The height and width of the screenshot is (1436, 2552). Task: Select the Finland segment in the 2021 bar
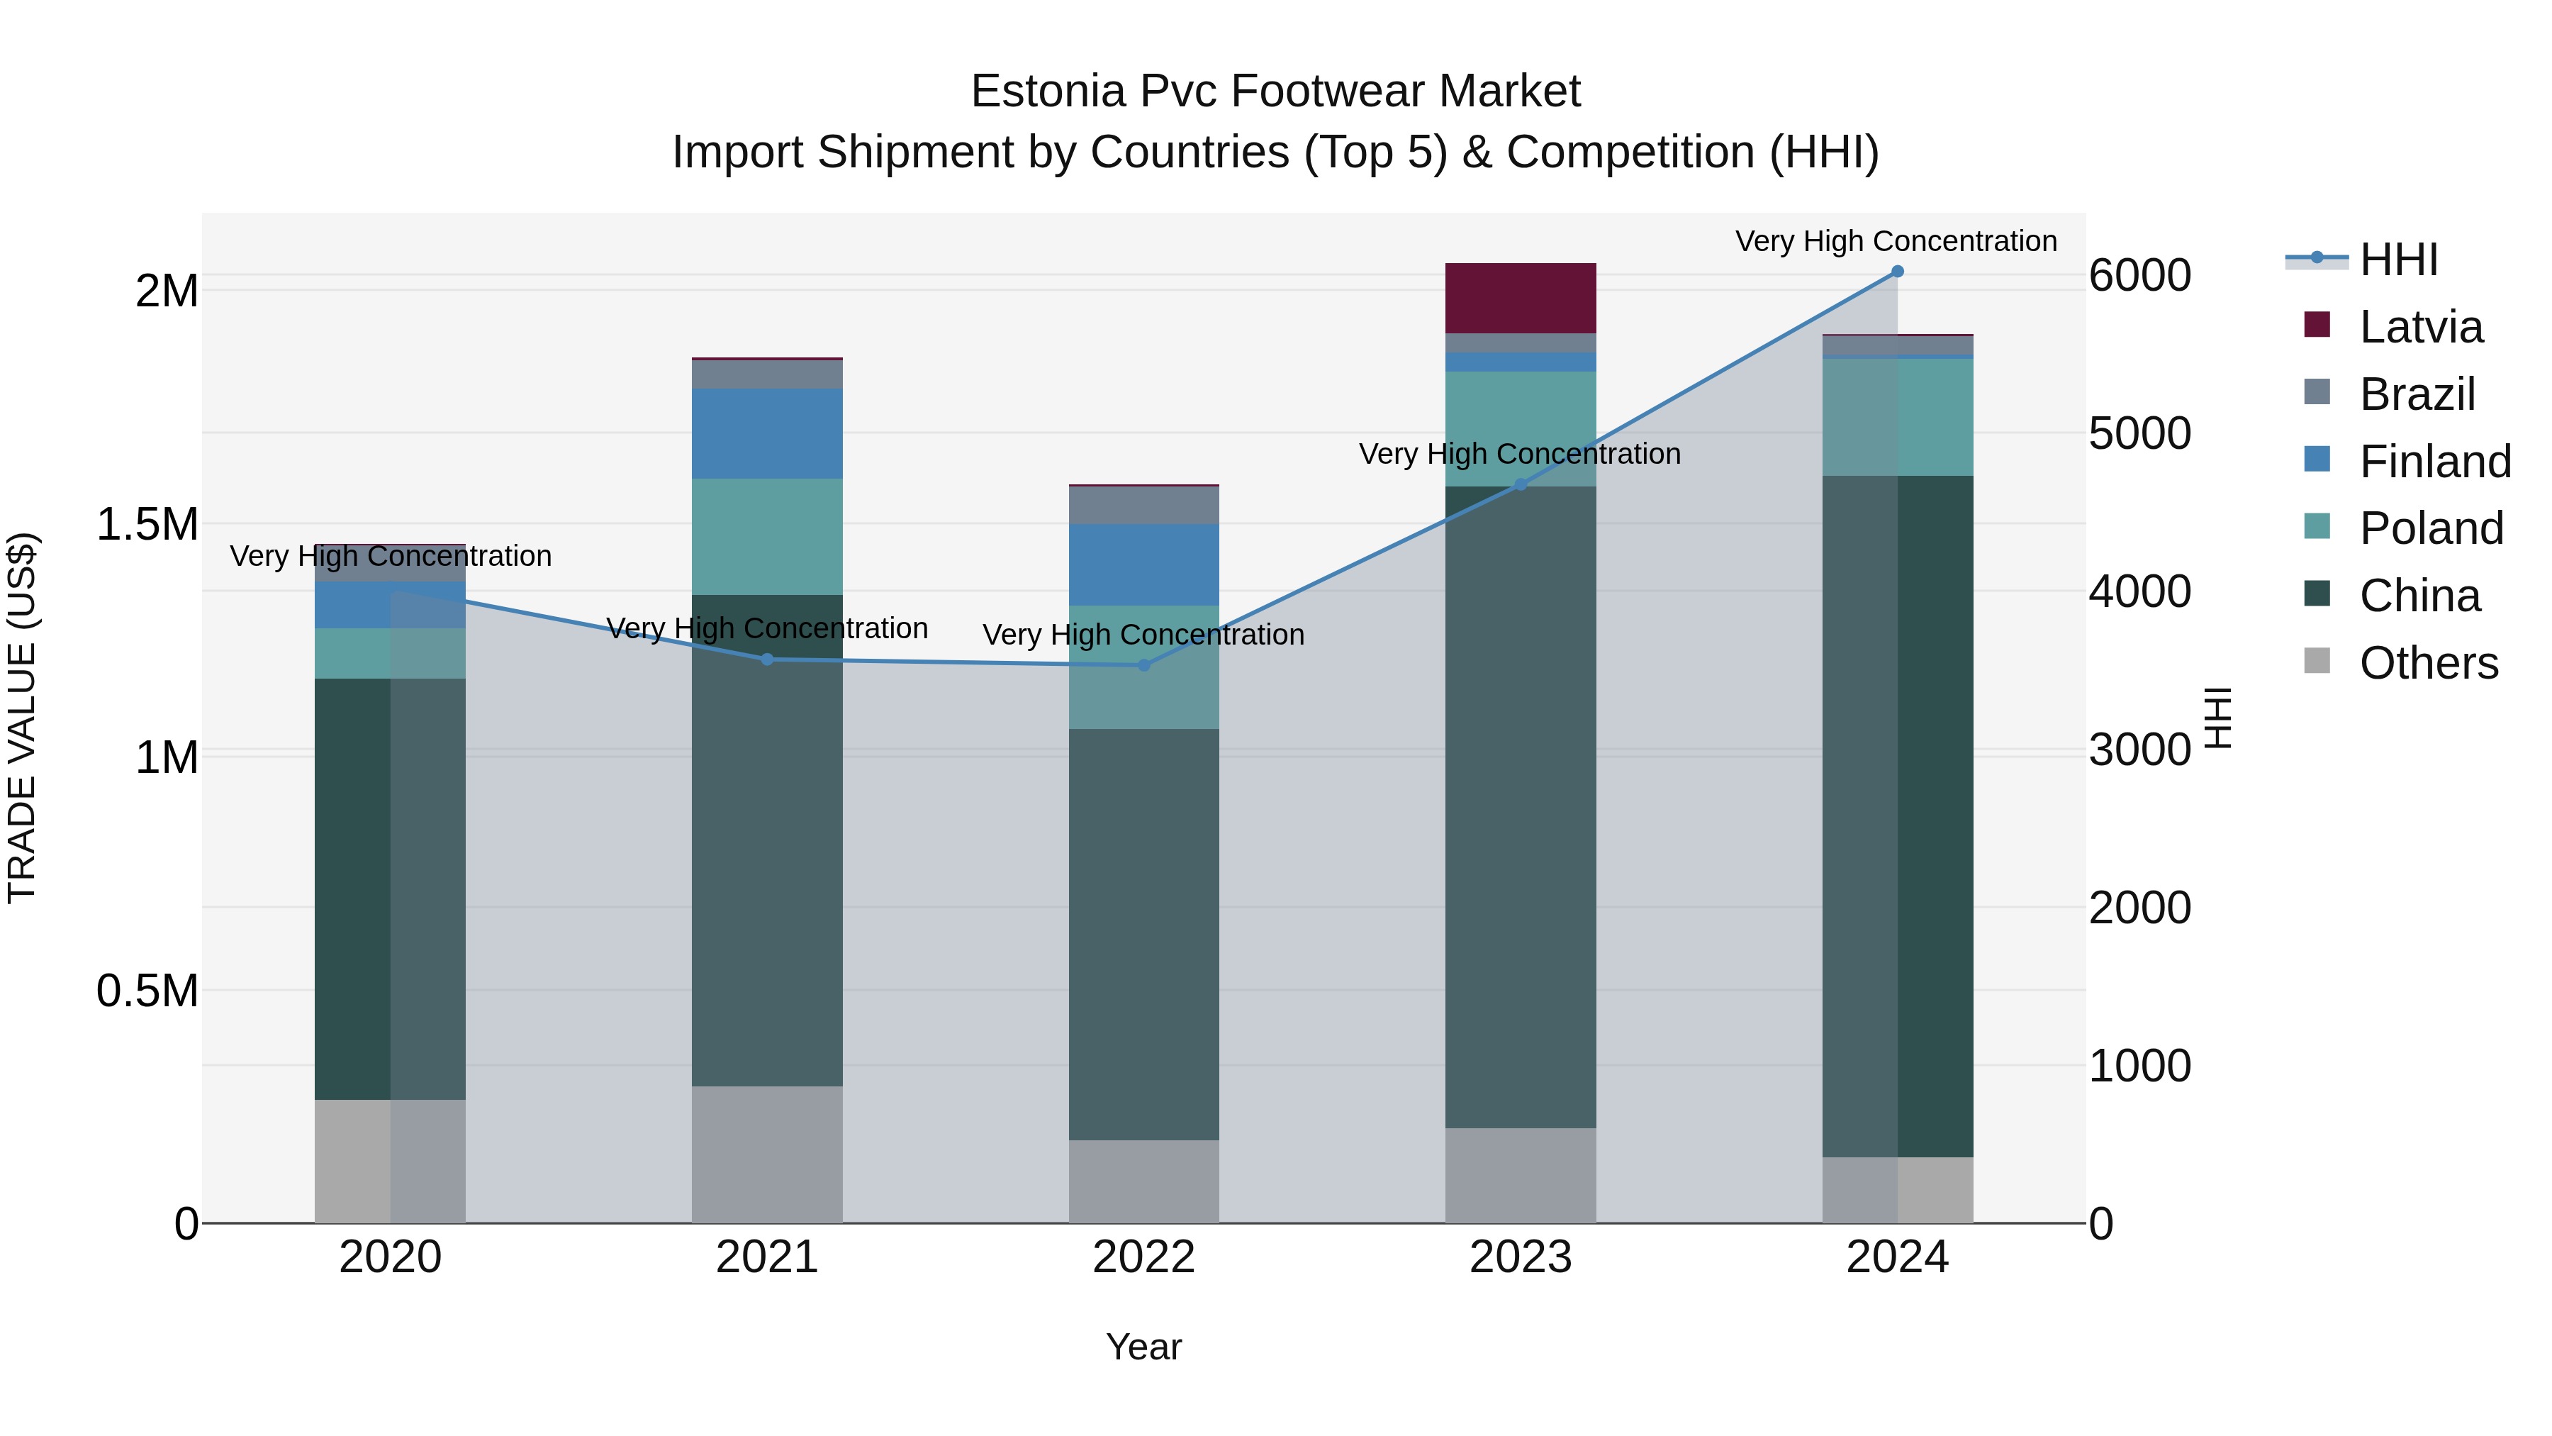767,433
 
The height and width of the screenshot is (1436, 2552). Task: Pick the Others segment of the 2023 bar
1520,1174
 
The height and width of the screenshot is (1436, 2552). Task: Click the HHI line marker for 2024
1897,272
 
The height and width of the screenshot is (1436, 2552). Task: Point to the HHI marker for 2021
767,659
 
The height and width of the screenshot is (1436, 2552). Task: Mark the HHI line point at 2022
1143,666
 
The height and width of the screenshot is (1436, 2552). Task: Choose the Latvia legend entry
2420,327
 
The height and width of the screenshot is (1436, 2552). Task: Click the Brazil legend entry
2417,394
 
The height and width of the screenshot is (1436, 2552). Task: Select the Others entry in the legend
2428,663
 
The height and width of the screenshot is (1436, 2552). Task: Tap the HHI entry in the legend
2397,260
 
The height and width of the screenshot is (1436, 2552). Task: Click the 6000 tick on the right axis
2140,276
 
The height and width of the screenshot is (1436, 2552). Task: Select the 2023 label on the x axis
1520,1257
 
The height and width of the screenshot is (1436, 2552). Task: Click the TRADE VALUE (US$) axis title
23,718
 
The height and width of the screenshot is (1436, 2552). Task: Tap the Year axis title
1143,1347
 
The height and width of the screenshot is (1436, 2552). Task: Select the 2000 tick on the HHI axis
2140,908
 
